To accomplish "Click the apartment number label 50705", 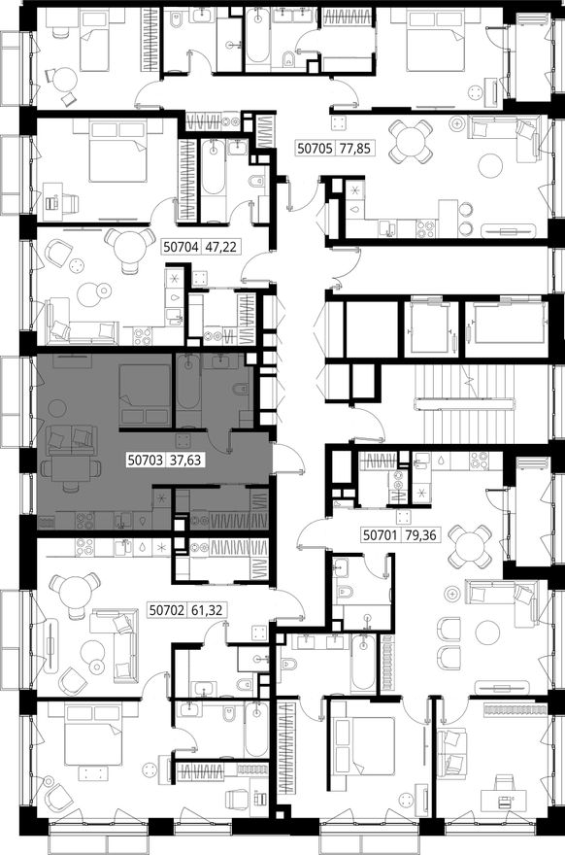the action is pos(315,148).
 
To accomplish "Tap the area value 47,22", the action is pos(220,247).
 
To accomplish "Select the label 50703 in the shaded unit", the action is pos(146,461).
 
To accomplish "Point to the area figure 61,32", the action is pos(207,610).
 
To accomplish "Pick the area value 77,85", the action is pos(356,148).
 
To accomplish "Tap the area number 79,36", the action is pos(421,535).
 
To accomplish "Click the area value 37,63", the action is pos(185,461).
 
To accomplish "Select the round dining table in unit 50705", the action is pos(412,142).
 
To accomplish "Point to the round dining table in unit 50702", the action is pos(75,594).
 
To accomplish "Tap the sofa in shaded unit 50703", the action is pos(71,440).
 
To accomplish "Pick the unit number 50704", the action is pos(182,247).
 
